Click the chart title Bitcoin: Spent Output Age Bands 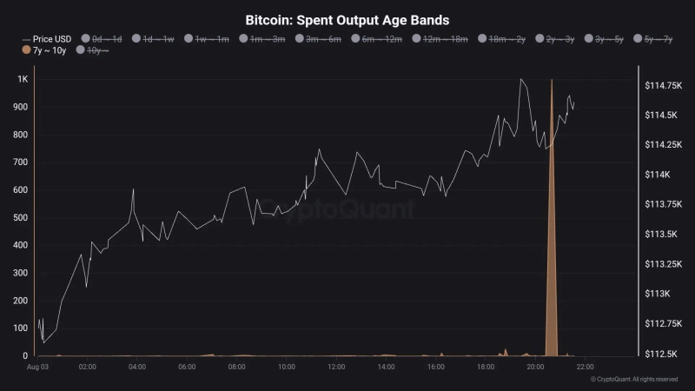[x=347, y=19]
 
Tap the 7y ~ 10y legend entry [x=44, y=50]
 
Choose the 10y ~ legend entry [x=94, y=50]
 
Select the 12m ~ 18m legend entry [x=440, y=39]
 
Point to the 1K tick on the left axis [x=23, y=79]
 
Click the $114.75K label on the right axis [x=662, y=85]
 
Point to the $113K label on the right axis [x=658, y=294]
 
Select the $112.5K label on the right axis [x=661, y=354]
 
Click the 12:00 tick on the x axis [x=337, y=368]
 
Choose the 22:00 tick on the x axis [x=585, y=368]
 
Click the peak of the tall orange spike [x=552, y=80]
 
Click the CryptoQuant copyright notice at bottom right [x=633, y=380]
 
